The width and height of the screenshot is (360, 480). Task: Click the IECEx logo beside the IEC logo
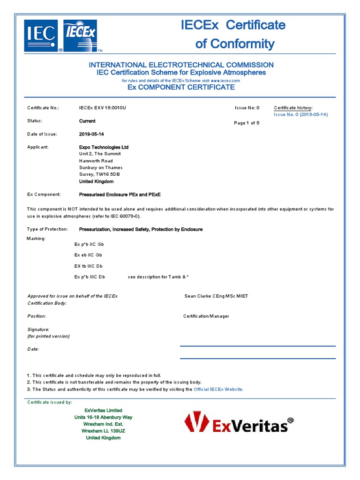pyautogui.click(x=80, y=35)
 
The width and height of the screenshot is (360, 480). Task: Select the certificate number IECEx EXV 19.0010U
pyautogui.click(x=103, y=108)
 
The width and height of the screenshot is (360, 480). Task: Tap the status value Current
pyautogui.click(x=87, y=121)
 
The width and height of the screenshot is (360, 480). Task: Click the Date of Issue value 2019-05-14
pyautogui.click(x=91, y=134)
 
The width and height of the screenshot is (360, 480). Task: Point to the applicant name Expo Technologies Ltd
pyautogui.click(x=104, y=147)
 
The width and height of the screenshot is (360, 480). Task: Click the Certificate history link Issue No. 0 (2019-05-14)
pyautogui.click(x=300, y=114)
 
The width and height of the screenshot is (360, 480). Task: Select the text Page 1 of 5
pyautogui.click(x=247, y=123)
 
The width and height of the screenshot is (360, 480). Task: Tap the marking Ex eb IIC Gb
pyautogui.click(x=88, y=255)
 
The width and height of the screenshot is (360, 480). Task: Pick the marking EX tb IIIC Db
pyautogui.click(x=88, y=266)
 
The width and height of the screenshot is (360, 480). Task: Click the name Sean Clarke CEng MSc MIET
pyautogui.click(x=216, y=296)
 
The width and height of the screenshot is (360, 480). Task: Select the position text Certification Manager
pyautogui.click(x=206, y=316)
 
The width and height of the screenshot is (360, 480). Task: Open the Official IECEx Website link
pyautogui.click(x=218, y=390)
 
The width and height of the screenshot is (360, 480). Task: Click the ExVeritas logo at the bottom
pyautogui.click(x=239, y=422)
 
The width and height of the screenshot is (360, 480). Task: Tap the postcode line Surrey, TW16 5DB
pyautogui.click(x=99, y=174)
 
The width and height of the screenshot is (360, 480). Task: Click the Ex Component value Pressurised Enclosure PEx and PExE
pyautogui.click(x=120, y=194)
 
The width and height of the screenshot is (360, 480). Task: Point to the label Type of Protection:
pyautogui.click(x=47, y=229)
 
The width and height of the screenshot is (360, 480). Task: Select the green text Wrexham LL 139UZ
pyautogui.click(x=103, y=431)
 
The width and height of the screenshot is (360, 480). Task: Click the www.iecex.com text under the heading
pyautogui.click(x=225, y=81)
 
